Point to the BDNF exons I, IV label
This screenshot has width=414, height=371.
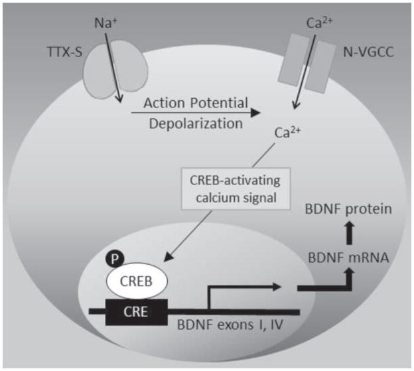226,326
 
